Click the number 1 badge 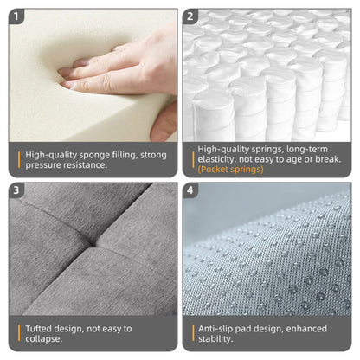coord(16,16)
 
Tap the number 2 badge coord(190,16)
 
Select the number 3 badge coord(16,190)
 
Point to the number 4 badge coord(190,190)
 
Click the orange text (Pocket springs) coord(230,169)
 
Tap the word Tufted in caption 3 coord(38,329)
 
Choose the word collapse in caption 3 coord(43,338)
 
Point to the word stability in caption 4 coord(215,339)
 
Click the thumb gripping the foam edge coord(164,123)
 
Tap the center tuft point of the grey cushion coord(93,245)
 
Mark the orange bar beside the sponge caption coord(19,160)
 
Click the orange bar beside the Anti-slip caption coord(193,333)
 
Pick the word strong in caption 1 coord(153,156)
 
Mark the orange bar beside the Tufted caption coord(19,333)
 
